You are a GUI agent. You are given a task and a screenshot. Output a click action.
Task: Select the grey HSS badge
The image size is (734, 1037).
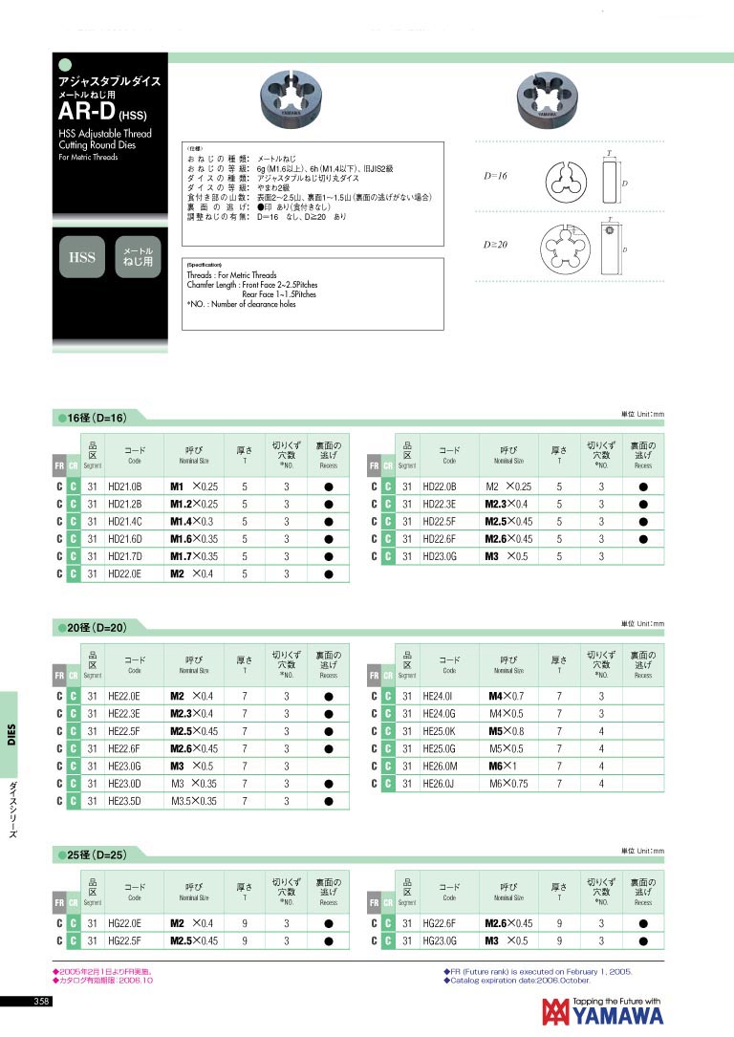(x=81, y=256)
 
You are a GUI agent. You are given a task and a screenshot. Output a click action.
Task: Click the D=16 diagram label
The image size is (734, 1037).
(x=495, y=176)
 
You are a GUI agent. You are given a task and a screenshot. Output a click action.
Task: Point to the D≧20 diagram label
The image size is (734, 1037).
(x=495, y=245)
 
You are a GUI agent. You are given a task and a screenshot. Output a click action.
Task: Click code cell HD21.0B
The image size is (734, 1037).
(x=124, y=486)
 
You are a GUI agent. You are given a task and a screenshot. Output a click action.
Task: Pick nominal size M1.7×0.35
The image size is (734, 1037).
(x=194, y=555)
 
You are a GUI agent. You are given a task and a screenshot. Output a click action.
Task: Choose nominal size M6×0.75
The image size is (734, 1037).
(x=508, y=783)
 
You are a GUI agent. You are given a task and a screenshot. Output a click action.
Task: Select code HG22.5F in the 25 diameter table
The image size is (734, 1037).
(x=124, y=940)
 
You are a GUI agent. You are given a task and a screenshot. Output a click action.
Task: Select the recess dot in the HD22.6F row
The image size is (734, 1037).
(x=643, y=538)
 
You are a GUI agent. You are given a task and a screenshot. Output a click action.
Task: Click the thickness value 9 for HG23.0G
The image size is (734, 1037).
(x=559, y=940)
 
